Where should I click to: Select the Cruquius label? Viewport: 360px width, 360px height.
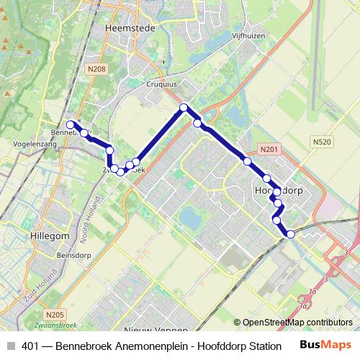pos(163,83)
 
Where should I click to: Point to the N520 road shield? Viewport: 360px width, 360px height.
pos(322,143)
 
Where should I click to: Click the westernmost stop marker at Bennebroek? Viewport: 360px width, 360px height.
pos(71,125)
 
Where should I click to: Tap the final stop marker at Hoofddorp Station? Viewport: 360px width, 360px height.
pos(291,234)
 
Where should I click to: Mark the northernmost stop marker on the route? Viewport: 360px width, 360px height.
pos(184,108)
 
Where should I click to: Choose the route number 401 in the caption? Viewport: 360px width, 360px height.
pos(31,346)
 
